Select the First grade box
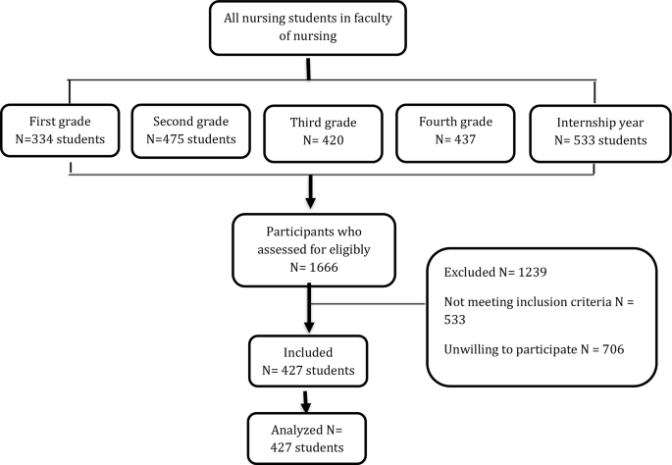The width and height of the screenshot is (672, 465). click(x=62, y=130)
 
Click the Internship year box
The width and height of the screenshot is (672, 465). click(x=589, y=129)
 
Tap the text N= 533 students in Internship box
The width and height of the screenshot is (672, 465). click(x=589, y=139)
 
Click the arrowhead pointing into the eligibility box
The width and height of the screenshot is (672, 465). click(x=310, y=203)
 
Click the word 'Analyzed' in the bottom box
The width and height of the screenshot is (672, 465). click(x=291, y=428)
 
